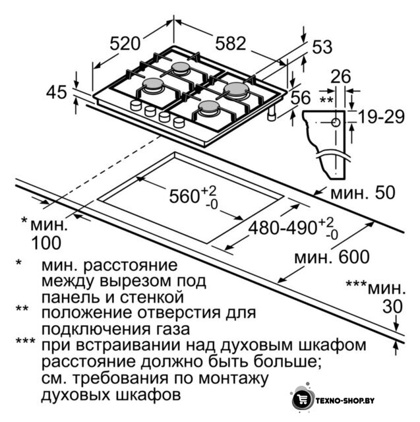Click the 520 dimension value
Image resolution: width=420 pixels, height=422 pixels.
tap(125, 44)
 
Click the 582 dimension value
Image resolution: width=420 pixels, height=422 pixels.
tap(231, 43)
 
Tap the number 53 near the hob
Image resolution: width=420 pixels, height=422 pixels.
tap(322, 47)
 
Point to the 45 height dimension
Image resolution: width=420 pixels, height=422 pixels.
tap(56, 92)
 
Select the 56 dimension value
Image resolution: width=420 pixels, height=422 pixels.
tap(301, 97)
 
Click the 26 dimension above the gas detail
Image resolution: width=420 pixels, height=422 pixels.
tap(341, 76)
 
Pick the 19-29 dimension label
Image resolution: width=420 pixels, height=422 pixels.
tap(382, 117)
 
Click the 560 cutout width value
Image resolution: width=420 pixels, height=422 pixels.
tap(184, 196)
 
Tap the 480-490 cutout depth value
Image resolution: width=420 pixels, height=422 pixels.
tap(282, 228)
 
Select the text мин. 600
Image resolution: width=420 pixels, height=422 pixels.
tap(332, 257)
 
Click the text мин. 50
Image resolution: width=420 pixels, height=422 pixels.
tap(363, 193)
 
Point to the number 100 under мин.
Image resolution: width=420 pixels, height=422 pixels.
tap(46, 243)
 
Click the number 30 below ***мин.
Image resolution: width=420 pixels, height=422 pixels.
tap(392, 306)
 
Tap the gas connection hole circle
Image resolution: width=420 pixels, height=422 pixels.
tap(336, 123)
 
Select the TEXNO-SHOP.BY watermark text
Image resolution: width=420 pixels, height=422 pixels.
tap(345, 400)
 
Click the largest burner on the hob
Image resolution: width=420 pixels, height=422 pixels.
tap(237, 90)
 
